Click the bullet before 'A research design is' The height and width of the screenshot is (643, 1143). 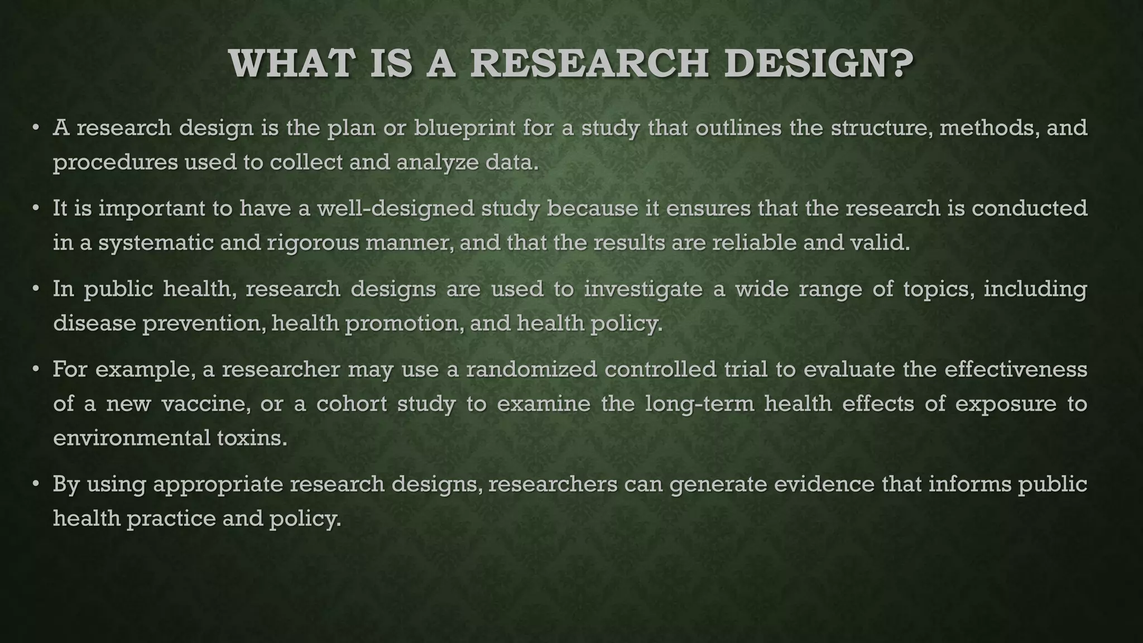click(x=35, y=128)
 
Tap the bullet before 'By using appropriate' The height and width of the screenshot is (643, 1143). click(x=35, y=484)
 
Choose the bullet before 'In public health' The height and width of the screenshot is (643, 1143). click(x=35, y=289)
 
